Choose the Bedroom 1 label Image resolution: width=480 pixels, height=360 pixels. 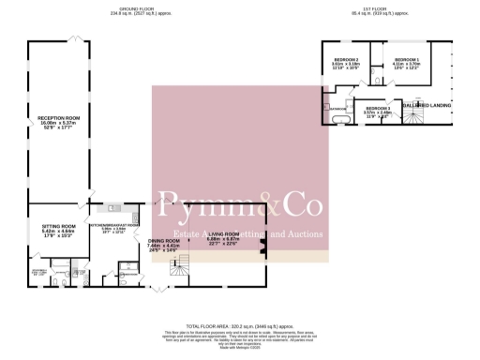tap(405, 59)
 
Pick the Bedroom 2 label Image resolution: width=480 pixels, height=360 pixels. tap(347, 60)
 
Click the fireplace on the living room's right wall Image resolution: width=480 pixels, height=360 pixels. tap(264, 247)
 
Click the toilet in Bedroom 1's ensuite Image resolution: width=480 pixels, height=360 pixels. tap(374, 70)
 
